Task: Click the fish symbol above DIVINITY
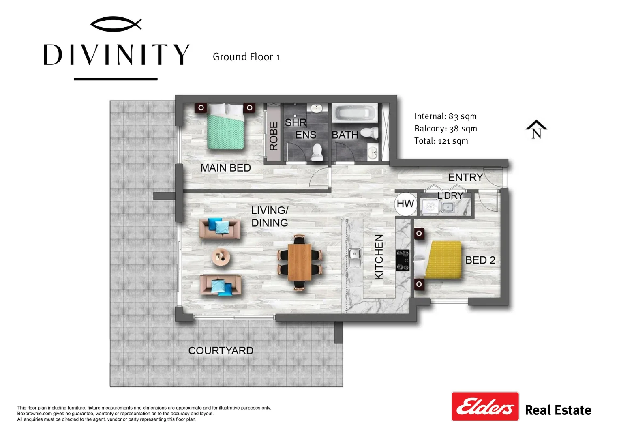(116, 24)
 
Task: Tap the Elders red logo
(485, 406)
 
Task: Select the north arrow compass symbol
(536, 129)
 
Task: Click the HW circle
(405, 204)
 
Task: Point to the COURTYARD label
(221, 351)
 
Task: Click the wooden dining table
(300, 262)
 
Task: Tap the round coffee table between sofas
(221, 257)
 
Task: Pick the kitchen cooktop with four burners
(403, 260)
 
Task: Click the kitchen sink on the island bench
(355, 258)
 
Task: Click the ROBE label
(274, 136)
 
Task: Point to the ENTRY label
(466, 177)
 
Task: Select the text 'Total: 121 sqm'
(441, 141)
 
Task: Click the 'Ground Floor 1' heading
(246, 57)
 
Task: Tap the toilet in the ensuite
(317, 152)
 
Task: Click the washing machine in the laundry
(430, 206)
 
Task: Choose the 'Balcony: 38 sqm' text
(446, 129)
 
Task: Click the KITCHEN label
(379, 257)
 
